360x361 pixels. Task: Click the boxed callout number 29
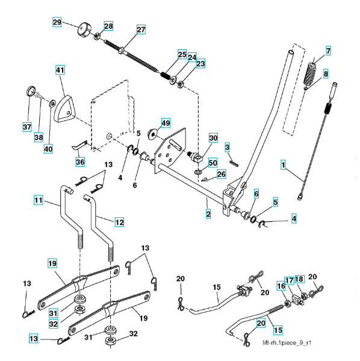pyautogui.click(x=57, y=22)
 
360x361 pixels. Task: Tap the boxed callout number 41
pyautogui.click(x=60, y=70)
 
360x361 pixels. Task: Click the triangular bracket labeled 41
pyautogui.click(x=64, y=108)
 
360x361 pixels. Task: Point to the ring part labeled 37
pyautogui.click(x=31, y=91)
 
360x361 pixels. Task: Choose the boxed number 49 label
pyautogui.click(x=166, y=123)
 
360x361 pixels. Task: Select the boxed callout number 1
pyautogui.click(x=283, y=165)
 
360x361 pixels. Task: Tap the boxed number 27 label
pyautogui.click(x=141, y=29)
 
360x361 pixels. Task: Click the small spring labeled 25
pyautogui.click(x=165, y=75)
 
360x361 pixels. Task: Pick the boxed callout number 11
pyautogui.click(x=39, y=200)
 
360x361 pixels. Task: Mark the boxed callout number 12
pyautogui.click(x=119, y=222)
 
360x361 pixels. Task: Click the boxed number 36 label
pyautogui.click(x=80, y=162)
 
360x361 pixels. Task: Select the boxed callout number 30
pyautogui.click(x=213, y=138)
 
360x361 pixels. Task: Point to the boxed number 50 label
pyautogui.click(x=213, y=163)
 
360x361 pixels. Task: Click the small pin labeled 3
pyautogui.click(x=234, y=163)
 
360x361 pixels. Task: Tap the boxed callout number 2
pyautogui.click(x=208, y=214)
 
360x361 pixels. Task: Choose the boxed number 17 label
pyautogui.click(x=289, y=280)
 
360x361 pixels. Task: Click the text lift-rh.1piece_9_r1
pyautogui.click(x=287, y=343)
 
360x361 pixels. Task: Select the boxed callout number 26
pyautogui.click(x=221, y=174)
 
